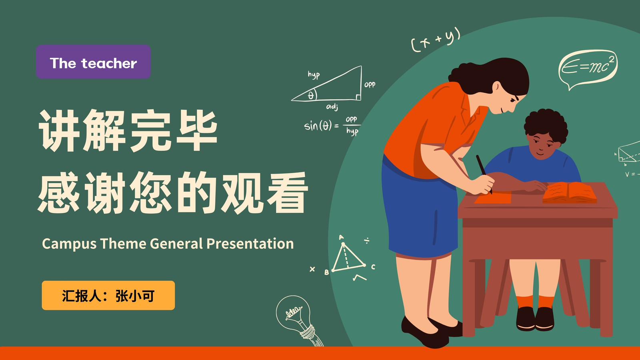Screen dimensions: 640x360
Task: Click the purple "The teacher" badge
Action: [x=93, y=62]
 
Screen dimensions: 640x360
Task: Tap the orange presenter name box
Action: [x=108, y=296]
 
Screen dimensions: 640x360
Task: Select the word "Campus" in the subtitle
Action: [x=69, y=244]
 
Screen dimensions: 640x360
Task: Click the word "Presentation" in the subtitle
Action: [x=250, y=244]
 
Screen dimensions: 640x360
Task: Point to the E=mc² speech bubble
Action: [x=588, y=68]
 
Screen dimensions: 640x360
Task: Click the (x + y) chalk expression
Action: [x=436, y=40]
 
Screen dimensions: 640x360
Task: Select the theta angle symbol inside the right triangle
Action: [x=311, y=95]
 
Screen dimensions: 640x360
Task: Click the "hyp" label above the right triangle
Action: [x=314, y=75]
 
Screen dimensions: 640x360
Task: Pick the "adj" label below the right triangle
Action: [x=332, y=107]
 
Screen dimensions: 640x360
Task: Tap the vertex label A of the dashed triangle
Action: [x=341, y=237]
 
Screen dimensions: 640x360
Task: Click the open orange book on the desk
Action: [x=570, y=193]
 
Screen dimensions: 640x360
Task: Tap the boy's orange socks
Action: [x=535, y=302]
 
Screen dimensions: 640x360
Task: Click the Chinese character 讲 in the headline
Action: [x=58, y=130]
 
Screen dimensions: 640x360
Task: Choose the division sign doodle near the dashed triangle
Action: [x=367, y=241]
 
